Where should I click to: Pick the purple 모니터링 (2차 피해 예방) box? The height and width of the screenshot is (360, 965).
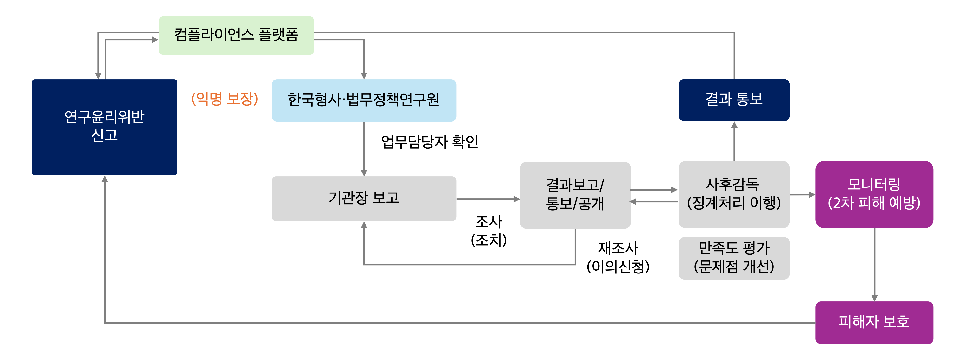(x=874, y=194)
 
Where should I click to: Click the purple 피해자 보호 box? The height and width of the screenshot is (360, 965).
(x=874, y=322)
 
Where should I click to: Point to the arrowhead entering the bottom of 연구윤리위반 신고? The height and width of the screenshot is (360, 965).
(x=105, y=179)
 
